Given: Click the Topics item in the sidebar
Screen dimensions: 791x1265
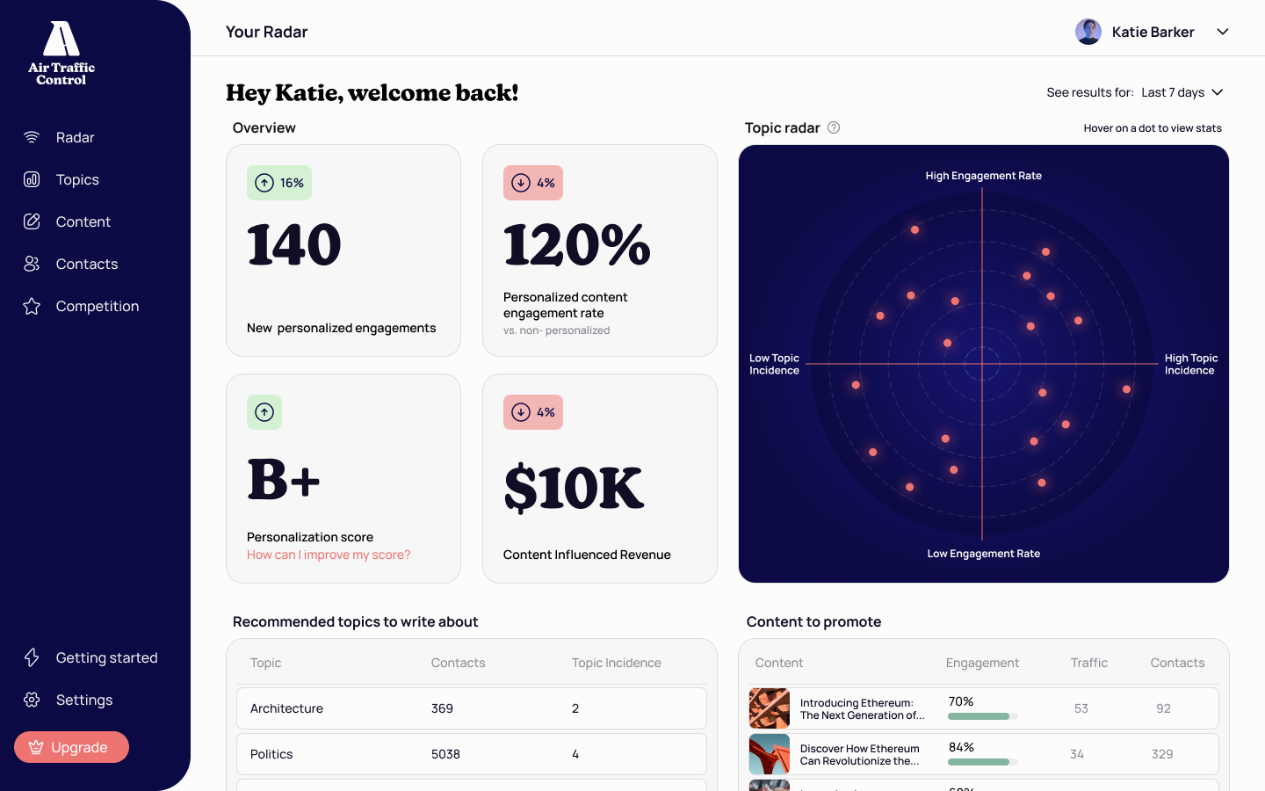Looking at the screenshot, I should coord(77,179).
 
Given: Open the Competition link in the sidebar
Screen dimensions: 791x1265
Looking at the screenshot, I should coord(97,306).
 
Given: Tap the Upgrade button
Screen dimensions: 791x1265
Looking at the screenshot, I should coord(71,747).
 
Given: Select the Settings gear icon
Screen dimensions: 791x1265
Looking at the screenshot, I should coord(32,700).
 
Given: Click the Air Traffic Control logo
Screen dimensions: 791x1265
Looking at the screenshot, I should coord(61,53).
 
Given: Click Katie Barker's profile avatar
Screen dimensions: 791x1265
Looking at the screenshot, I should coord(1088,32).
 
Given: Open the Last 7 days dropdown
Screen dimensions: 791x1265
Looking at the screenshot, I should coord(1182,92).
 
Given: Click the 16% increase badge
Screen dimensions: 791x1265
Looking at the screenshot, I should coord(279,183).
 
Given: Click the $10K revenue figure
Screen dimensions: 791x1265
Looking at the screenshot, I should coord(574,488).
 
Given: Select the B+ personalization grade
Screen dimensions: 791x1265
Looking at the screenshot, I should coord(284,480).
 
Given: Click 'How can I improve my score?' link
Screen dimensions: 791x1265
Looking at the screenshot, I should coord(329,555).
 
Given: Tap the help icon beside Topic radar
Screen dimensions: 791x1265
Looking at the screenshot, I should coord(834,127).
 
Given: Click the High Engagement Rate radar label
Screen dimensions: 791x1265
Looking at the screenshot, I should coord(983,176).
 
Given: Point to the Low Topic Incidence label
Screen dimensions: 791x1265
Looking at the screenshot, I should coord(774,364).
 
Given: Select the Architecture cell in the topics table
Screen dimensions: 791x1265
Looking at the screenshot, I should coord(286,708).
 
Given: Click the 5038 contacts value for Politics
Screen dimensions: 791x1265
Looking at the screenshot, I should coord(445,754).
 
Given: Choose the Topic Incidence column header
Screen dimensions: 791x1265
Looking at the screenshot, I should coord(616,663).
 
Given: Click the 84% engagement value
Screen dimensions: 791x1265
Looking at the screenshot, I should coord(961,747).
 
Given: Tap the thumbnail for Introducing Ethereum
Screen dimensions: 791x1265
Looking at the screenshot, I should coord(770,708).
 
